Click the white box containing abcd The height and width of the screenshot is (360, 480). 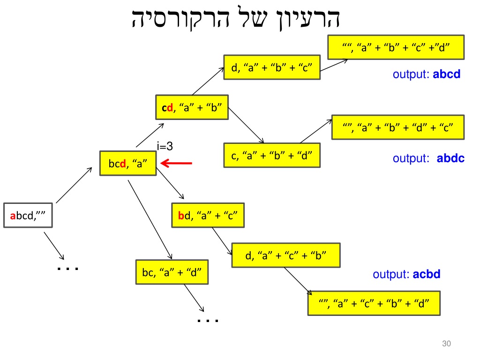point(28,215)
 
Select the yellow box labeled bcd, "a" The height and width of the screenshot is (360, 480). point(128,163)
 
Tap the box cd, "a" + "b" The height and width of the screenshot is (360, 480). point(192,107)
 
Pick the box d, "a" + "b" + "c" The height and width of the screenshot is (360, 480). point(272,67)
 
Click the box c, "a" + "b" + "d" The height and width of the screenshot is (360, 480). point(272,155)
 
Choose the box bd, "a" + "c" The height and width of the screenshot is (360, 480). point(208,215)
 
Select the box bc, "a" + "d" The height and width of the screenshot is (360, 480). point(172,272)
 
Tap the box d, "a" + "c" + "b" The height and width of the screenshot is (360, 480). point(286,255)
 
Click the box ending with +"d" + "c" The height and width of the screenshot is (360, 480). point(398,127)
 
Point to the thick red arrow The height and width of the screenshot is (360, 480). point(176,163)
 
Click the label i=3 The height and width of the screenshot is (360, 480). point(165,146)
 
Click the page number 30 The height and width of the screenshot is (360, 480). point(446,344)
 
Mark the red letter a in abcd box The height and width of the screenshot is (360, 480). point(13,216)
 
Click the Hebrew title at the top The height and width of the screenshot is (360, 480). point(236,18)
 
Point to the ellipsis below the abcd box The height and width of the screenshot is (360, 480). point(67,269)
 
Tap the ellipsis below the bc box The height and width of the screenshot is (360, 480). point(208,321)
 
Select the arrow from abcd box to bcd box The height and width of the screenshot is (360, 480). point(74,185)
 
